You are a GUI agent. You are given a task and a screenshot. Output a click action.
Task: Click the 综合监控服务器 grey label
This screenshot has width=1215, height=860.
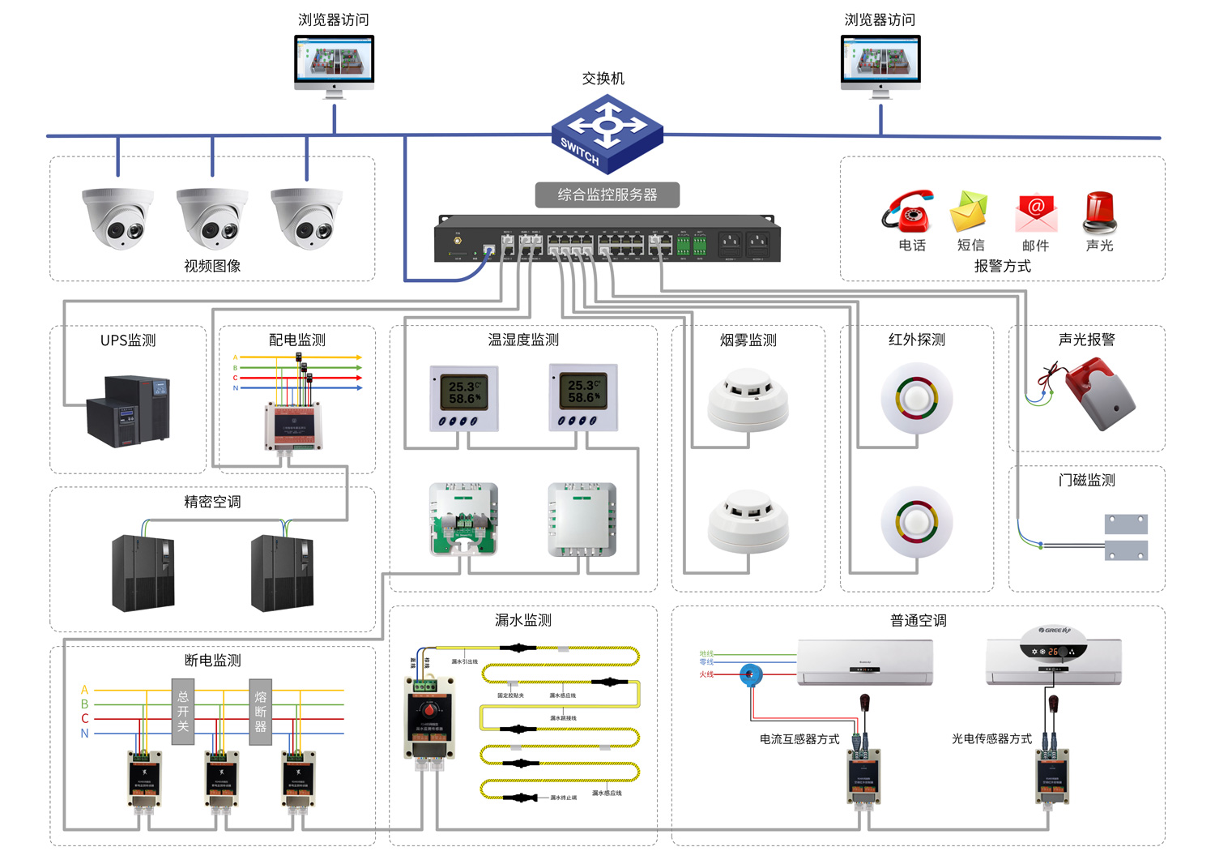coord(607,195)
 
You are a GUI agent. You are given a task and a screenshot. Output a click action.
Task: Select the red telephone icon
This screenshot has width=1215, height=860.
coord(909,212)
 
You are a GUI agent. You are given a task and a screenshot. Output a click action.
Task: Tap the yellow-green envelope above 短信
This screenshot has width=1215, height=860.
coord(970,211)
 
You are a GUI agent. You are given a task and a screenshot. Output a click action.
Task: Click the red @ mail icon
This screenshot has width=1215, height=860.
coord(1036,212)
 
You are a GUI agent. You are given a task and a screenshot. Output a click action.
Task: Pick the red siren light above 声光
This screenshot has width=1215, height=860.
coord(1099,212)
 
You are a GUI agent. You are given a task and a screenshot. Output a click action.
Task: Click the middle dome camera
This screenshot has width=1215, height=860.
coord(212,218)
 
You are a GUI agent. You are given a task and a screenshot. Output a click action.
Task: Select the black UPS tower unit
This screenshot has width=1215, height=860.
coord(130,410)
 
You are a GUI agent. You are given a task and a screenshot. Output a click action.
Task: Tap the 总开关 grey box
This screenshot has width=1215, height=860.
coord(183,712)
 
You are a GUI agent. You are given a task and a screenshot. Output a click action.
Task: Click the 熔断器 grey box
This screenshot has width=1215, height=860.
coord(260,712)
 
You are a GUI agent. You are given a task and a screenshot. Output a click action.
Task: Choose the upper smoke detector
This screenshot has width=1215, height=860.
coord(748,399)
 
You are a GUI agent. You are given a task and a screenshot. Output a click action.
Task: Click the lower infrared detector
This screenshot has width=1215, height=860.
coord(916,523)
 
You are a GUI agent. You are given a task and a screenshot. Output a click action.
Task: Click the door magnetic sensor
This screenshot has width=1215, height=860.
coord(1126,537)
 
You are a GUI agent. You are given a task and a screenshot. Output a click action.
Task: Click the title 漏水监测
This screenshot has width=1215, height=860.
coord(522,620)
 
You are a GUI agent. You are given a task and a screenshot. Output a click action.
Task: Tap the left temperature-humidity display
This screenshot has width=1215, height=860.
coord(464,398)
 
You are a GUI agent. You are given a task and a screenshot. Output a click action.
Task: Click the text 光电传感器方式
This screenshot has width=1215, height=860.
coord(991,738)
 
